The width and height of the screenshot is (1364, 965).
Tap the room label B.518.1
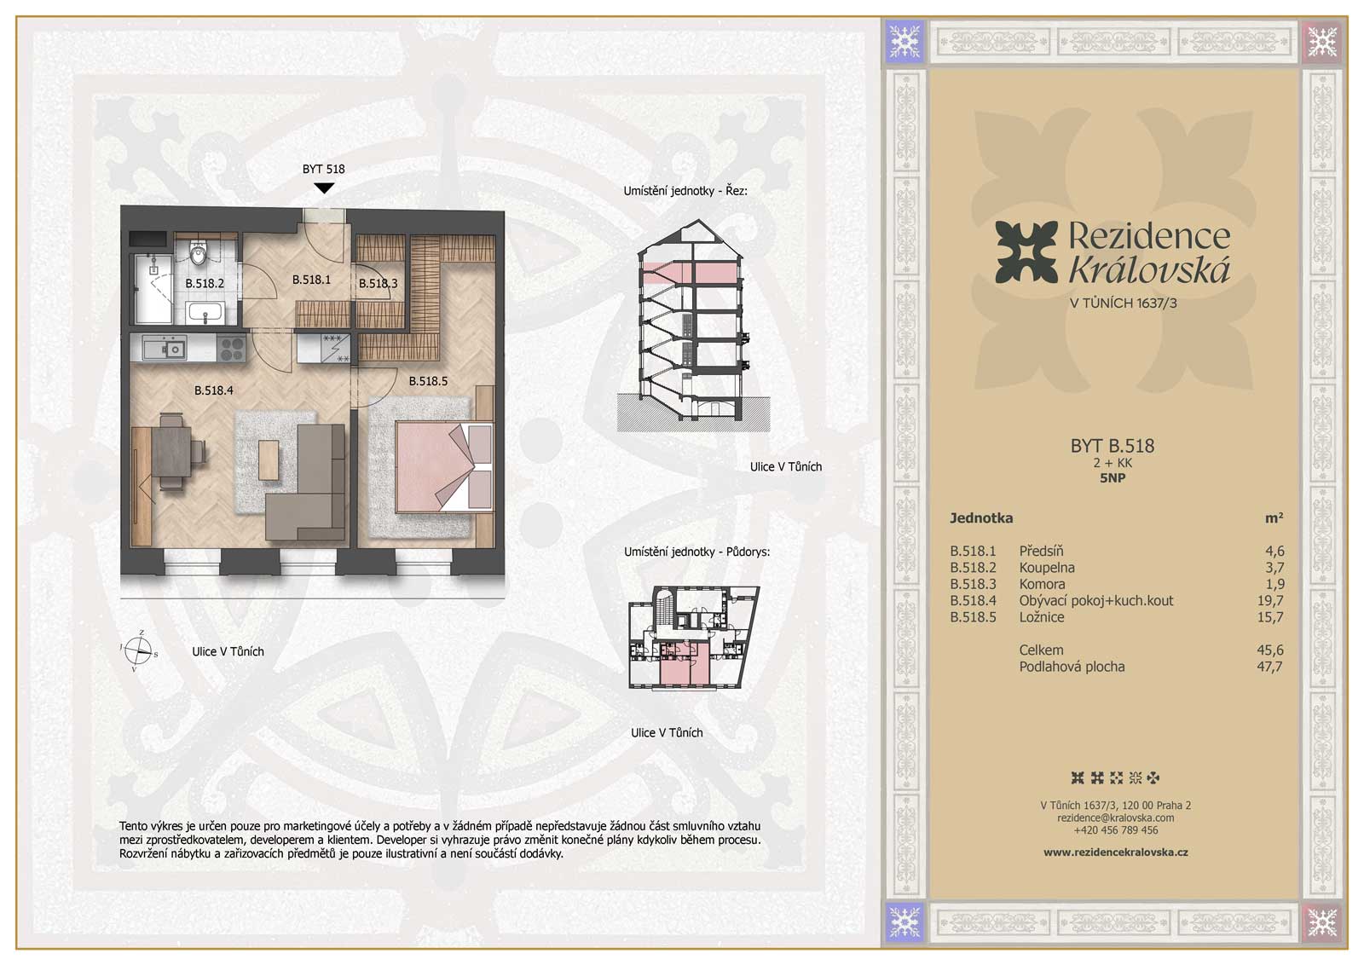(x=311, y=280)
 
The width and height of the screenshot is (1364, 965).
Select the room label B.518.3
(x=379, y=283)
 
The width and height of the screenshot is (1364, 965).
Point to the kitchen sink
(x=165, y=349)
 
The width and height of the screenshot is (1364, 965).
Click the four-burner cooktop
(x=232, y=349)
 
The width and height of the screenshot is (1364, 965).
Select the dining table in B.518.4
(x=171, y=452)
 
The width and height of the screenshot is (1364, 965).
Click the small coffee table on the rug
(x=269, y=459)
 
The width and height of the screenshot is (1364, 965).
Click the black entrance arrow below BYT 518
(x=324, y=188)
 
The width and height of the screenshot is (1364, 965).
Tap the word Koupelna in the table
(x=1047, y=568)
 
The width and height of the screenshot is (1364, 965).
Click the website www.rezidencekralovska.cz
(x=1116, y=852)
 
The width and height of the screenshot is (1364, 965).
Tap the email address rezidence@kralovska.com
(x=1116, y=818)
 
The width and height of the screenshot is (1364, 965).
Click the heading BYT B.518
(x=1112, y=446)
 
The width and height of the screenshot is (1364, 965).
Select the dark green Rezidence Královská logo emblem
(x=1026, y=252)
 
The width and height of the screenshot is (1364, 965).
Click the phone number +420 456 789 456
(x=1116, y=829)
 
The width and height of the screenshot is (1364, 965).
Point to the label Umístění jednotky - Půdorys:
(x=696, y=552)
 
